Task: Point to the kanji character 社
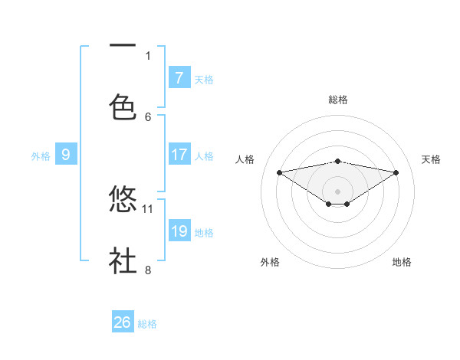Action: coord(123,260)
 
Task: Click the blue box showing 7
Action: coord(179,77)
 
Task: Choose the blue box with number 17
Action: coord(179,155)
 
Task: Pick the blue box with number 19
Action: coord(179,231)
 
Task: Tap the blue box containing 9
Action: coord(66,155)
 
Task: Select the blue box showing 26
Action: coord(123,322)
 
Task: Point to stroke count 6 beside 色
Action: coord(148,116)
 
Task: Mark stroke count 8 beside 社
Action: coord(148,270)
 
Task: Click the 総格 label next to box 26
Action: coord(147,324)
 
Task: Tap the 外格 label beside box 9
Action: coord(41,155)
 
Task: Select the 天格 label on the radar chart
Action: coord(431,159)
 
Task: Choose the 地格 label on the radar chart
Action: coord(402,262)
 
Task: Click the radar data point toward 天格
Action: coord(396,172)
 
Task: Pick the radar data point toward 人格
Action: coord(279,172)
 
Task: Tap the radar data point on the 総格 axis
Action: coord(337,161)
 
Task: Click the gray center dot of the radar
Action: coord(337,191)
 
